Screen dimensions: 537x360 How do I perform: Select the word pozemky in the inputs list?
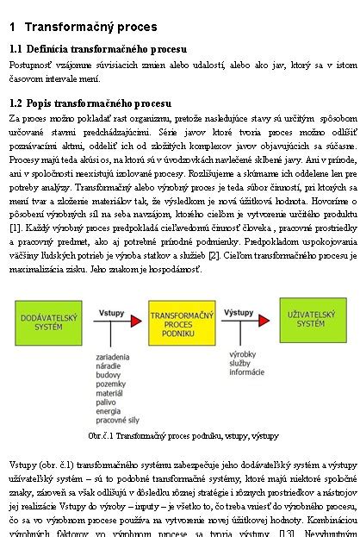pos(111,384)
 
